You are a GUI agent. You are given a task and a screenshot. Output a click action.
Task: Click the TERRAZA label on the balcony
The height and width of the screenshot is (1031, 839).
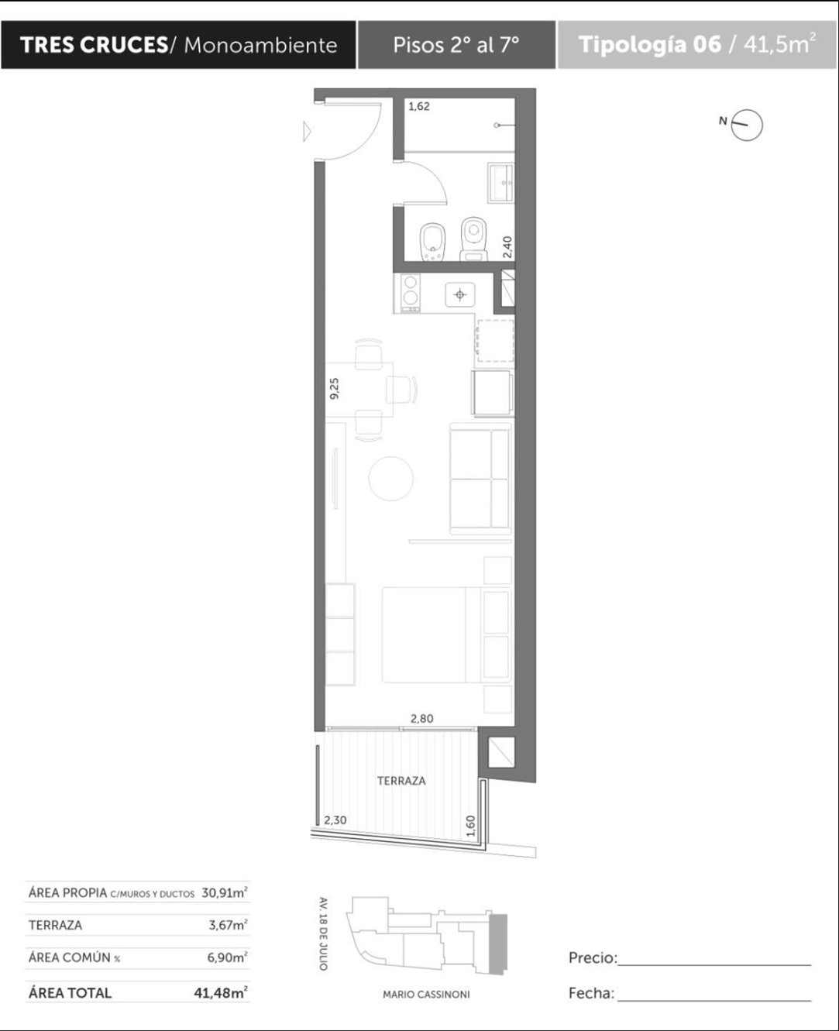point(401,781)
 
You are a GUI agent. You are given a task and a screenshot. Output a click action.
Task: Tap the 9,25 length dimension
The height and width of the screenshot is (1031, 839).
point(335,389)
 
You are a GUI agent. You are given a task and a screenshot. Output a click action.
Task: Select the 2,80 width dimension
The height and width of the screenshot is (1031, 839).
point(421,719)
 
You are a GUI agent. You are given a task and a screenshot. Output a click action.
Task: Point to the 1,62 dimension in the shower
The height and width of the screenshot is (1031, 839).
point(419,106)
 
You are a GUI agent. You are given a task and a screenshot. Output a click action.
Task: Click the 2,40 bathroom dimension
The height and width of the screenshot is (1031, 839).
point(507,247)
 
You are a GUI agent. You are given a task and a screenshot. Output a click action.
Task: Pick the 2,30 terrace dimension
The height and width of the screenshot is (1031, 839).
point(335,820)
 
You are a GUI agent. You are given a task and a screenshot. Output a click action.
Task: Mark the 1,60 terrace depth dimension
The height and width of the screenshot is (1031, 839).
point(470,826)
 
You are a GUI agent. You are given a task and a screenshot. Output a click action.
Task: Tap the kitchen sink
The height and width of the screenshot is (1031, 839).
point(460,294)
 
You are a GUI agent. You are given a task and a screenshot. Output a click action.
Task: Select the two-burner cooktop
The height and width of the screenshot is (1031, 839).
point(411,293)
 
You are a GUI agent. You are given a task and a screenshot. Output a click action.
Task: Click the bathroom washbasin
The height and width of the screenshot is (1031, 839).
point(500,183)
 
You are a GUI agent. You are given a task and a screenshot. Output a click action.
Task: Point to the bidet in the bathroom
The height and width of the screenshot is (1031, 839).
point(432,242)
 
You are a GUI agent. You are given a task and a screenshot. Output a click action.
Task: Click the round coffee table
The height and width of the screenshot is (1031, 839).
point(390,478)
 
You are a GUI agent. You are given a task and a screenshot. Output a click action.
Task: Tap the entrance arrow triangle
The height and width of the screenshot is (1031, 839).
point(307,132)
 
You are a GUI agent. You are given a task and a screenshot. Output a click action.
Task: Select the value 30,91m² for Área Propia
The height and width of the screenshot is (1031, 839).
point(225,892)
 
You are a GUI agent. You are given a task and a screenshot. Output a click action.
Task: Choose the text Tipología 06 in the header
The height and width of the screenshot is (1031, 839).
point(650,44)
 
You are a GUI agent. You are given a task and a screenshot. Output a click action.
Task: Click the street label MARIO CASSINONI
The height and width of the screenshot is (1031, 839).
point(426,995)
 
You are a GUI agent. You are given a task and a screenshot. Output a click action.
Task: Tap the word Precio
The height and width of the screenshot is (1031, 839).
point(593,957)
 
